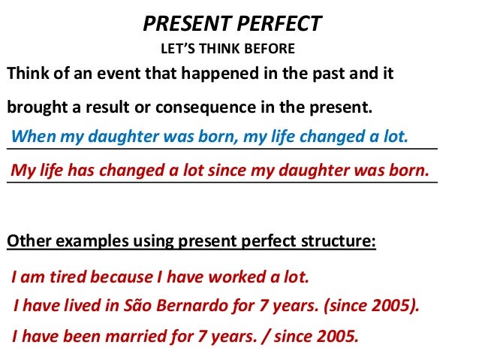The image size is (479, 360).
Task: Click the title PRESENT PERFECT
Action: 232,24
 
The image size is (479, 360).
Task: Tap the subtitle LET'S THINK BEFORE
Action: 228,50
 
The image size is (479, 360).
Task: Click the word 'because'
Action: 122,277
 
